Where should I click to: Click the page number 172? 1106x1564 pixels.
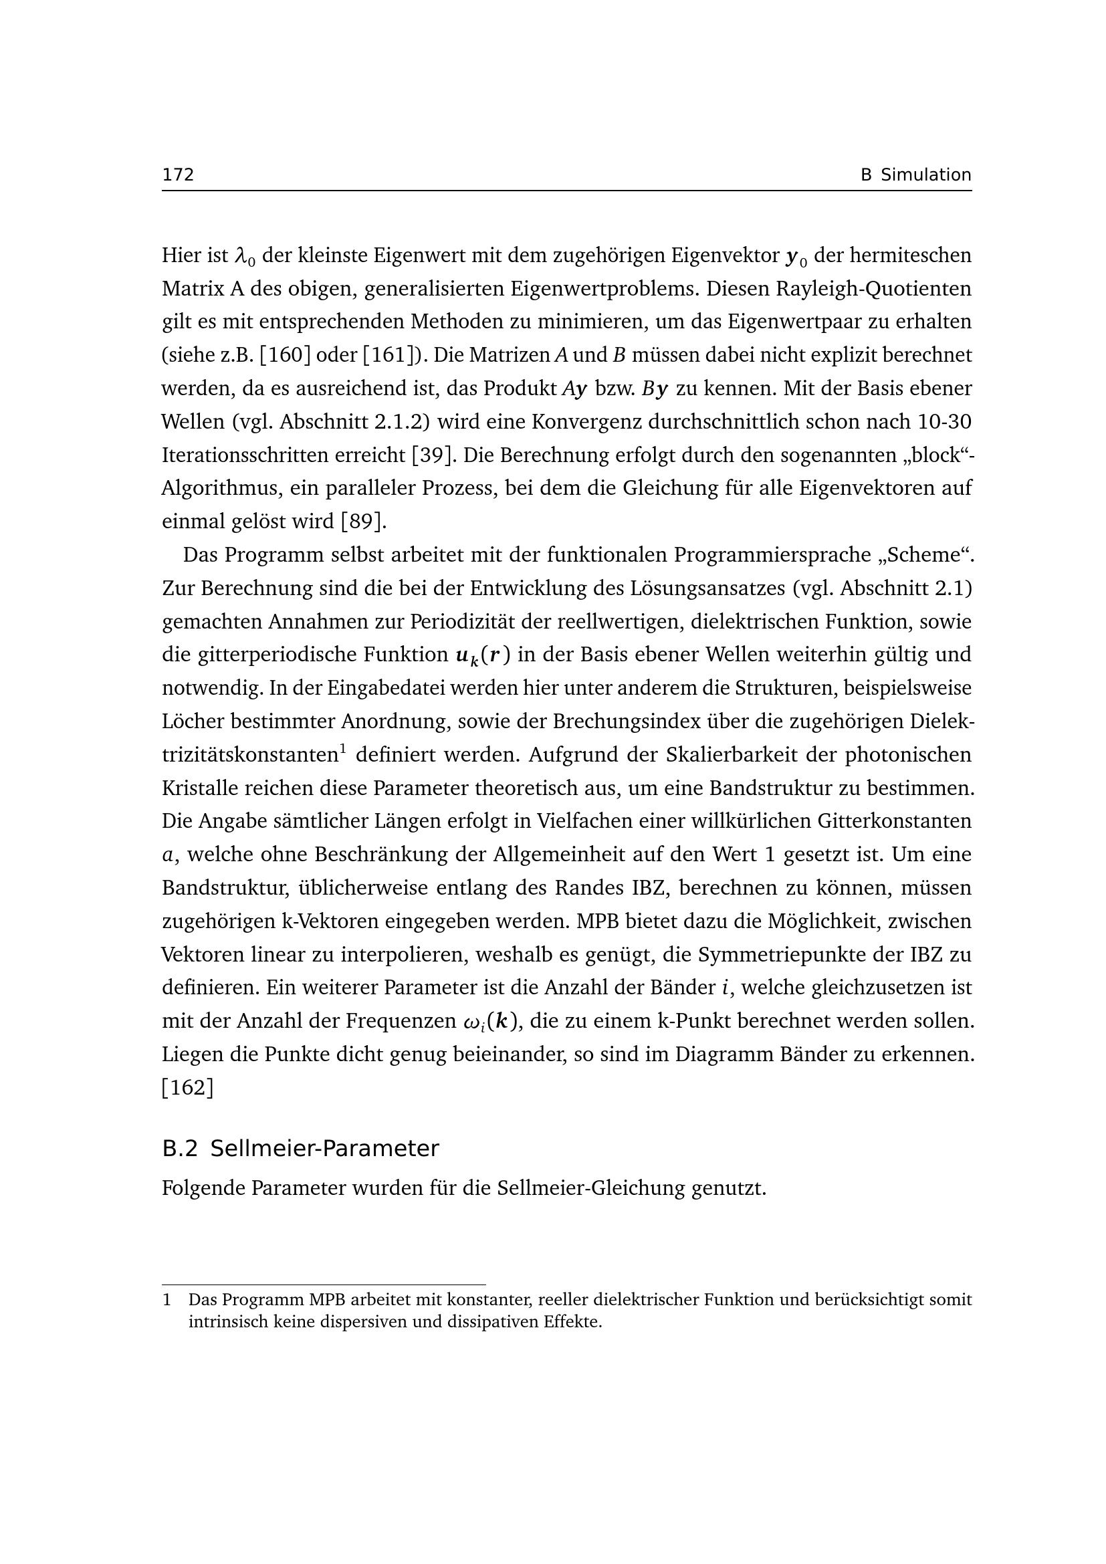(178, 175)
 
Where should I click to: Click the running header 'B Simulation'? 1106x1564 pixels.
(915, 175)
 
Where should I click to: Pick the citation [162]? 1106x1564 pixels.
(187, 1088)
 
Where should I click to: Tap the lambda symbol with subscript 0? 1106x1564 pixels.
(244, 256)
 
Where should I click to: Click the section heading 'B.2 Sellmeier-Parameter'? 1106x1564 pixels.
(300, 1149)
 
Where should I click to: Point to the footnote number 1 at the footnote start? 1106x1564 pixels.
(167, 1300)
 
